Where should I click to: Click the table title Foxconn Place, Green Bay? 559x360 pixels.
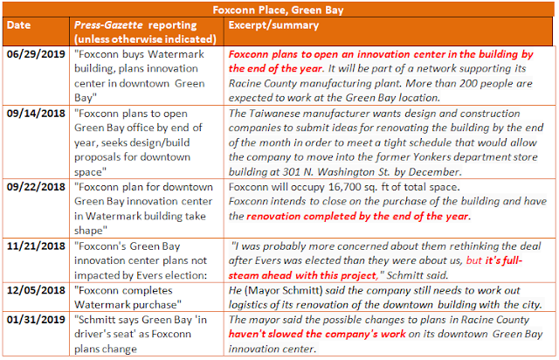coord(278,10)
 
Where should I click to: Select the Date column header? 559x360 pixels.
coord(18,25)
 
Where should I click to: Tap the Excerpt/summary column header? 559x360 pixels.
coord(273,25)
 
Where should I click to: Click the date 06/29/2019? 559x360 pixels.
coord(36,54)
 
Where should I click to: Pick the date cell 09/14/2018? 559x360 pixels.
coord(36,114)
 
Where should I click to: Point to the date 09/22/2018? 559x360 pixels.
coord(36,187)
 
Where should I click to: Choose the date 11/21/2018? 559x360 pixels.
coord(36,246)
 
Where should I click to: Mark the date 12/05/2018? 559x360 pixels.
coord(36,290)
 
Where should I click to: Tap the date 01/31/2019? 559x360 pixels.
coord(36,320)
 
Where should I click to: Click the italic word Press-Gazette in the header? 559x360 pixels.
coord(108,25)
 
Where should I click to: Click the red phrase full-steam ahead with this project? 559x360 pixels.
coord(376,268)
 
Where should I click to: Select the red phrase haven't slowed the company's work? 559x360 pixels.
coord(317,335)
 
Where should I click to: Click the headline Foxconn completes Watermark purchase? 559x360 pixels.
coord(128,298)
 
